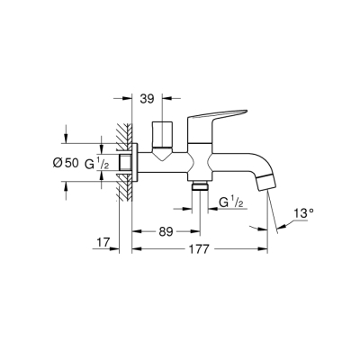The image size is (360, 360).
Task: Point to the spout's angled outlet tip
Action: coord(262,184)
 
